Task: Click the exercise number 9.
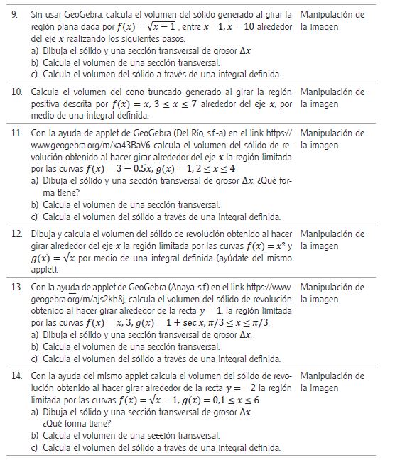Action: [x=17, y=14]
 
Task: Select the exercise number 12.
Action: [x=18, y=234]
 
